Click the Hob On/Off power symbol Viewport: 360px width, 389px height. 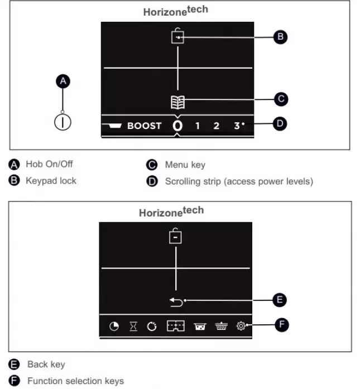coord(63,122)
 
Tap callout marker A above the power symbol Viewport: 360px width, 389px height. coord(63,81)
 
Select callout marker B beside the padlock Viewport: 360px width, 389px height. coord(280,37)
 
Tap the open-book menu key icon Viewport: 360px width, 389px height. coord(177,102)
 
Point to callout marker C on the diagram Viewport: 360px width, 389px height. coord(281,99)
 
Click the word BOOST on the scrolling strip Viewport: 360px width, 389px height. coord(144,126)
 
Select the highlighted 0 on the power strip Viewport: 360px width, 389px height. coord(177,126)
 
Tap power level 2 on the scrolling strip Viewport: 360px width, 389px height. coord(216,126)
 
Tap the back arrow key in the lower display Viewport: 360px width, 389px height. coord(176,302)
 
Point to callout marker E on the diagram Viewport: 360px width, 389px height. coord(280,300)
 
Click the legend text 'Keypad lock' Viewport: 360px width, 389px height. coord(51,181)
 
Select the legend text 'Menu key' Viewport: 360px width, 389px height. coord(185,165)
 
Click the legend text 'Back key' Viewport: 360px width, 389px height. coord(46,364)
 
